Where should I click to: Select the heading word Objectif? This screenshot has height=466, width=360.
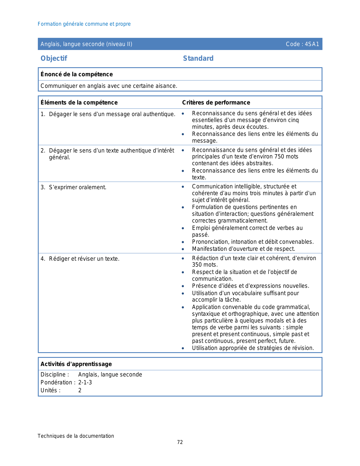pos(54,58)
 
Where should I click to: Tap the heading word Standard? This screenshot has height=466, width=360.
pos(198,58)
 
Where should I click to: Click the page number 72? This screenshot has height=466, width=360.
pos(180,442)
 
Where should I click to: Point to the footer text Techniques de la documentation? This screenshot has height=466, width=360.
pos(76,436)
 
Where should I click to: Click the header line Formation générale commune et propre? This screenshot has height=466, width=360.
pos(84,24)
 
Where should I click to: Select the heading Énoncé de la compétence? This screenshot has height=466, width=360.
pos(77,74)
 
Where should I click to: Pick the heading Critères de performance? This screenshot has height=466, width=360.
pos(216,103)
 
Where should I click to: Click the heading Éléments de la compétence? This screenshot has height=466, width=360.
pos(79,103)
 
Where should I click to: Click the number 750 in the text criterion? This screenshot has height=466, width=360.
pos(279,157)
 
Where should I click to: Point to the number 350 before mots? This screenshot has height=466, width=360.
pos(197,265)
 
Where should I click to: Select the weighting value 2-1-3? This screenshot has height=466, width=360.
pos(85,382)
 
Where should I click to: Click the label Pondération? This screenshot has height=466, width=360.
pos(58,382)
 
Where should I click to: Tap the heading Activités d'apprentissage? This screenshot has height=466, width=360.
pos(76,364)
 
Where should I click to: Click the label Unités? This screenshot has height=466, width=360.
pos(50,390)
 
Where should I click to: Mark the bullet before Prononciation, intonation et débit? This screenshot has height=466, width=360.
pos(183,242)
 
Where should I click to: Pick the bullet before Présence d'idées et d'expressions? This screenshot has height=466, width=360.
pos(183,286)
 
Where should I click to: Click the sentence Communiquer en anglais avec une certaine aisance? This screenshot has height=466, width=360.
pos(109,86)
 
